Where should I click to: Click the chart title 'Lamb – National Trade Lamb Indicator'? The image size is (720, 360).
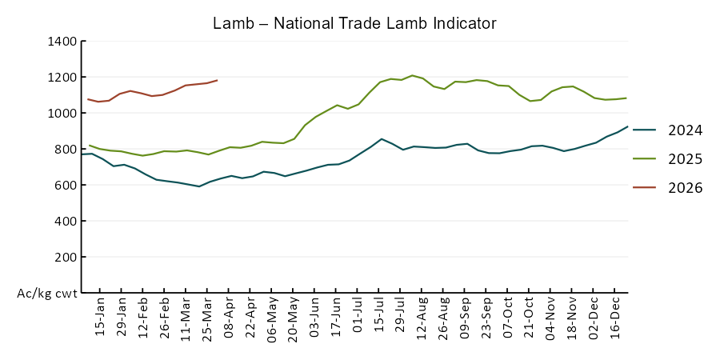coord(354,23)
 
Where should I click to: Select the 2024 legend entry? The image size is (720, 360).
coord(685,130)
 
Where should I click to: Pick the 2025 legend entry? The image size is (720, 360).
coord(685,159)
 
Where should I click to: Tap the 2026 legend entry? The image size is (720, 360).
coord(685,188)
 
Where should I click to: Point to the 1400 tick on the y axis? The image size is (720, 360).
coord(61,42)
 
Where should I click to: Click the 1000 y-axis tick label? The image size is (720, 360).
coord(61,114)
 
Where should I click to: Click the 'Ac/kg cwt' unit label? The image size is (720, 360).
coord(47,294)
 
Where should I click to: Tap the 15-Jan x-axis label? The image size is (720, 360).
coord(101,318)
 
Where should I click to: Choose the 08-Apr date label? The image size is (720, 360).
coord(229,318)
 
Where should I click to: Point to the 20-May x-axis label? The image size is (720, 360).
coord(293,318)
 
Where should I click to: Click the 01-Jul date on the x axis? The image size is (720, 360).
coord(357,318)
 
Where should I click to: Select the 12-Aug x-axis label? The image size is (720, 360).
coord(422,318)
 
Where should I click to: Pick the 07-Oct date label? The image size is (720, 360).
coord(507,318)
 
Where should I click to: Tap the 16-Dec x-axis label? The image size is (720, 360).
coord(614,318)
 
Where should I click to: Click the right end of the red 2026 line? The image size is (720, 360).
coord(218,80)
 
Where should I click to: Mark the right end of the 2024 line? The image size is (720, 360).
coord(627,126)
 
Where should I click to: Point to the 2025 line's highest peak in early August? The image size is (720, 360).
coord(412,76)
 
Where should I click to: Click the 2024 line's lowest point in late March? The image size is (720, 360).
coord(199,186)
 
